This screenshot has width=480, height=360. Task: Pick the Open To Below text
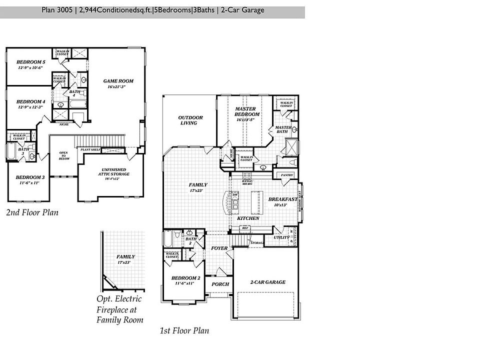[x=63, y=155]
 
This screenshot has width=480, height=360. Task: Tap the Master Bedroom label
[x=245, y=111]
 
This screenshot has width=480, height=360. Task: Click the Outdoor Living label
[x=190, y=120]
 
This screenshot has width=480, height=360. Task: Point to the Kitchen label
[x=247, y=218]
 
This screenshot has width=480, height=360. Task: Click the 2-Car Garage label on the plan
[x=267, y=282]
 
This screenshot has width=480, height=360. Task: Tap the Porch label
[x=220, y=284]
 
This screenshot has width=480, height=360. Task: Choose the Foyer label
[x=219, y=248]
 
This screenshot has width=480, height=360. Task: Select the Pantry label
[x=286, y=175]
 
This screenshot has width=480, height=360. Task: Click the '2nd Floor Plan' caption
[x=32, y=212]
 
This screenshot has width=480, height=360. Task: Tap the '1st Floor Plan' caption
[x=184, y=330]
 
